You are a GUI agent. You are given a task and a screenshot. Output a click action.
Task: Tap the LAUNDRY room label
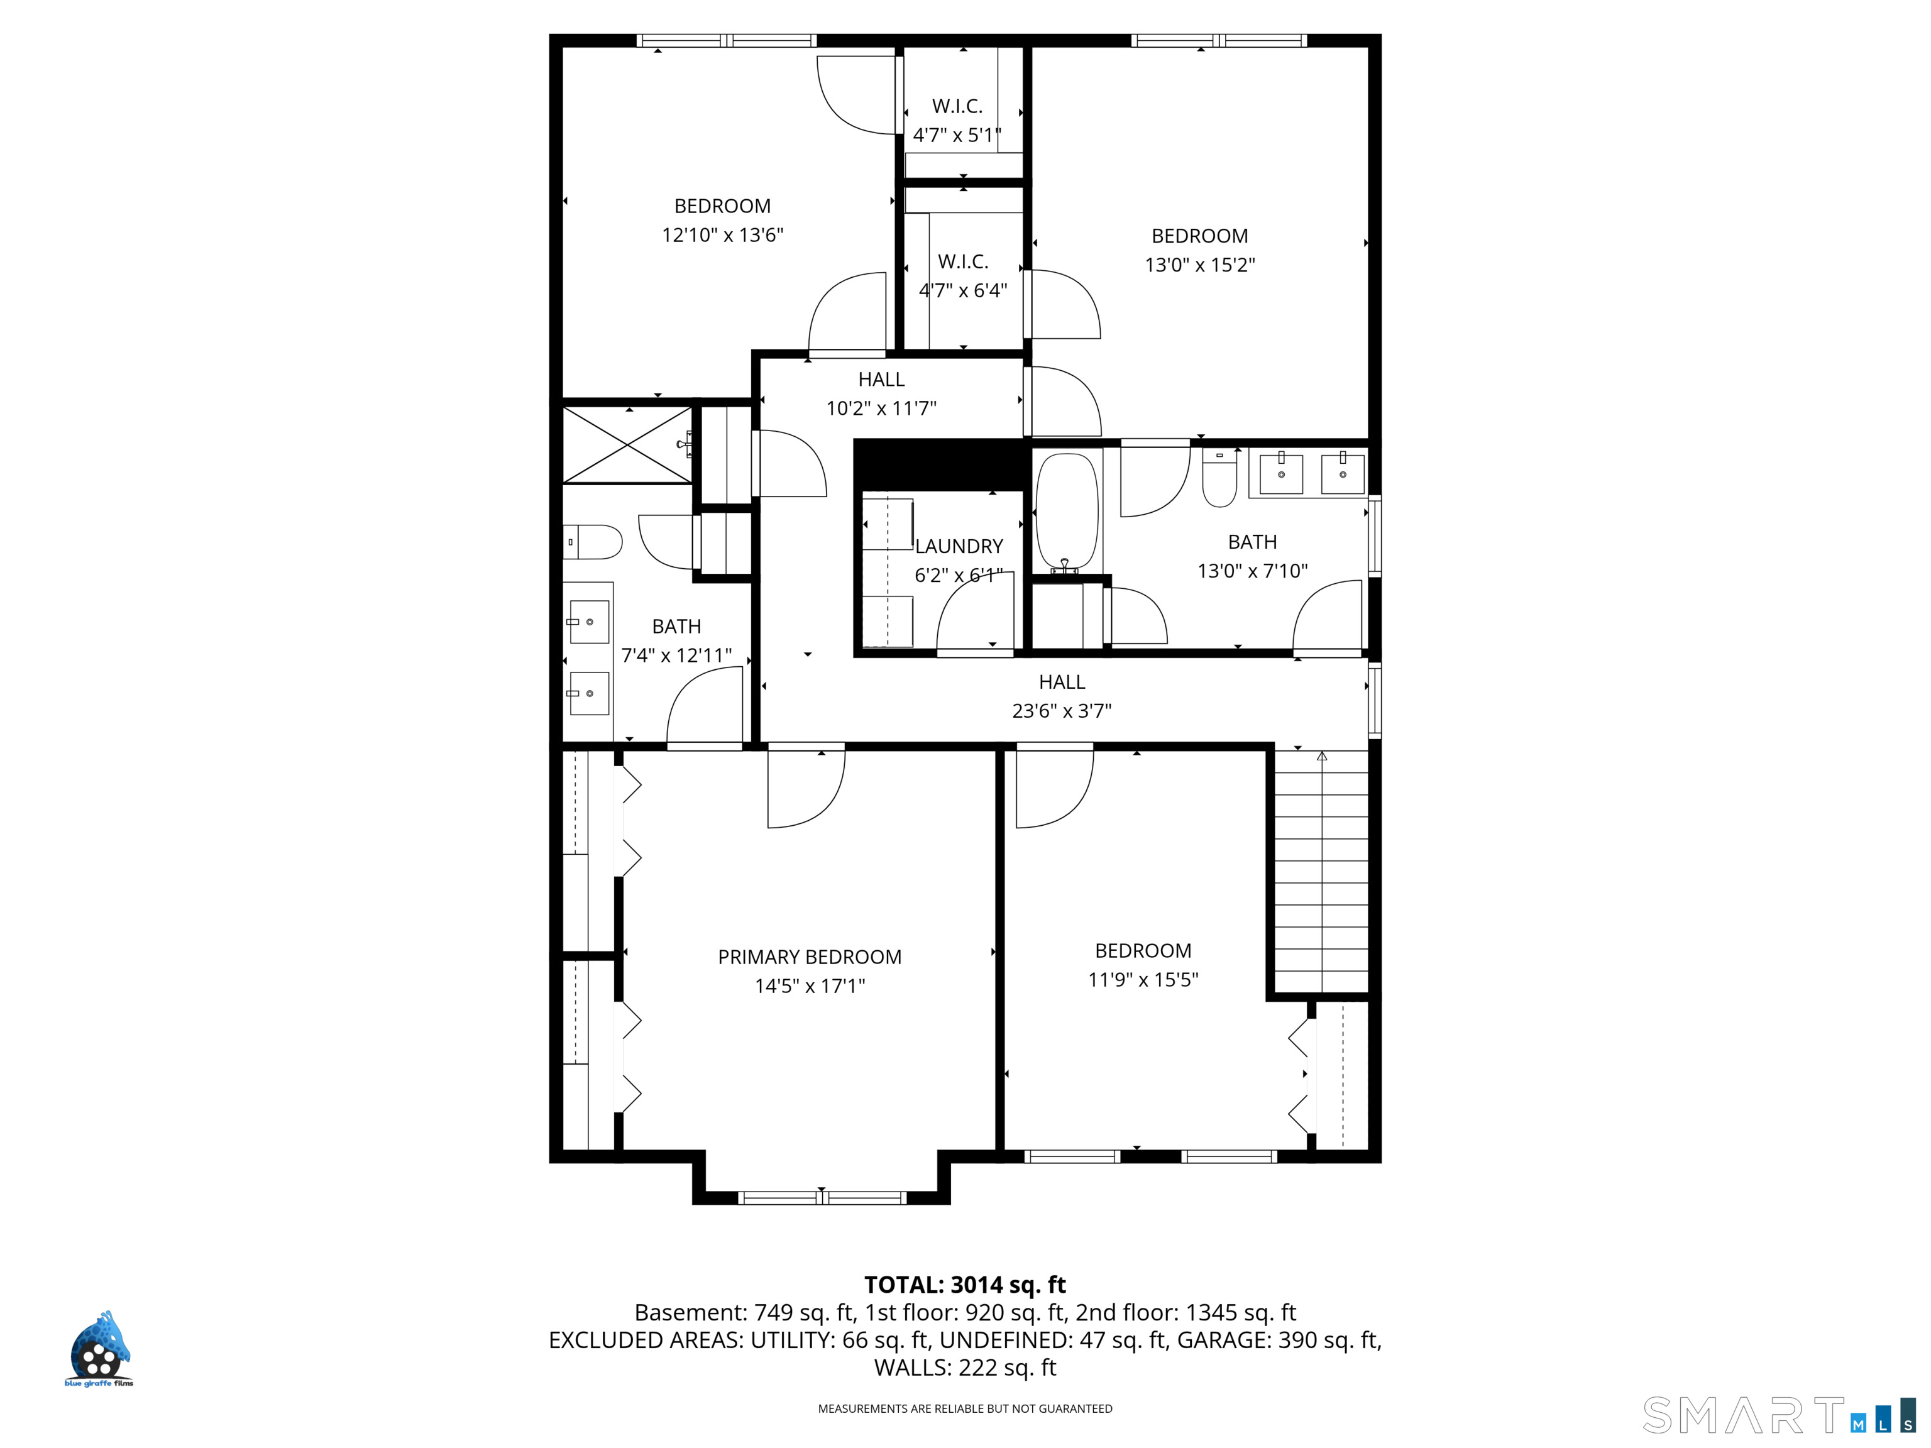(x=959, y=546)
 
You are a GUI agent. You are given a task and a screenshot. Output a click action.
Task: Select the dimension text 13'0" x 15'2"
(x=1199, y=265)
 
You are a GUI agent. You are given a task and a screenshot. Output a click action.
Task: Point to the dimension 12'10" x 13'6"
(x=723, y=235)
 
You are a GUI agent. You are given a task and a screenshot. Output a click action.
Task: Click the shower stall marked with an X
(x=628, y=444)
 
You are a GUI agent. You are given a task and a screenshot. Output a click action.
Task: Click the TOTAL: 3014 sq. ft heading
(x=965, y=1285)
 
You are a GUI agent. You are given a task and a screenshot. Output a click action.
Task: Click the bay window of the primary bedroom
(x=822, y=1197)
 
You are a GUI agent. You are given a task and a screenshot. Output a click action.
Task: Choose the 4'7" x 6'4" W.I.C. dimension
(x=963, y=290)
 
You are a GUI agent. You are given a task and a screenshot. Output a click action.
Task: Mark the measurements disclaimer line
(x=965, y=1408)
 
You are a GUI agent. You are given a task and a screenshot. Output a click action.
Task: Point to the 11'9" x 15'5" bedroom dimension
(x=1143, y=979)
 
